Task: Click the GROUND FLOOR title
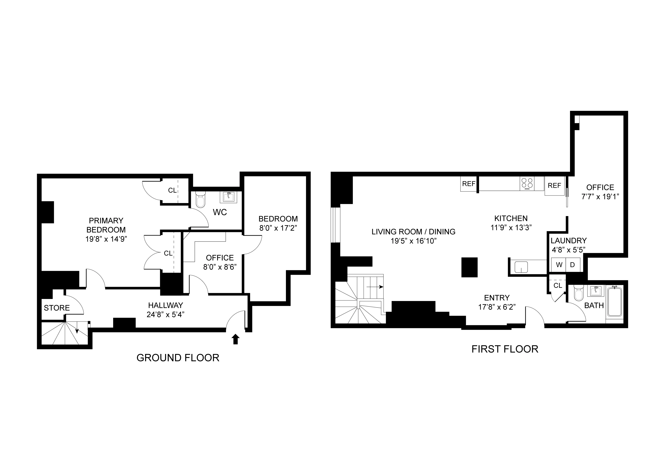(x=178, y=358)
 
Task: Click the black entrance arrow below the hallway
(x=236, y=339)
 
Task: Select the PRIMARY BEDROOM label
(x=106, y=225)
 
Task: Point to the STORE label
(x=57, y=308)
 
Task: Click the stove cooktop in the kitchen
(x=527, y=184)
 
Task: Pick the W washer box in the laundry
(x=559, y=265)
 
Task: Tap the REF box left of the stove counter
(x=468, y=184)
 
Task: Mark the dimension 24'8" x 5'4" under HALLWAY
(x=165, y=314)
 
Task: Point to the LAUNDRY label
(x=569, y=241)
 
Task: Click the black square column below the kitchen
(x=469, y=267)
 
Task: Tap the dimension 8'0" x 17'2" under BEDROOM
(x=278, y=228)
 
